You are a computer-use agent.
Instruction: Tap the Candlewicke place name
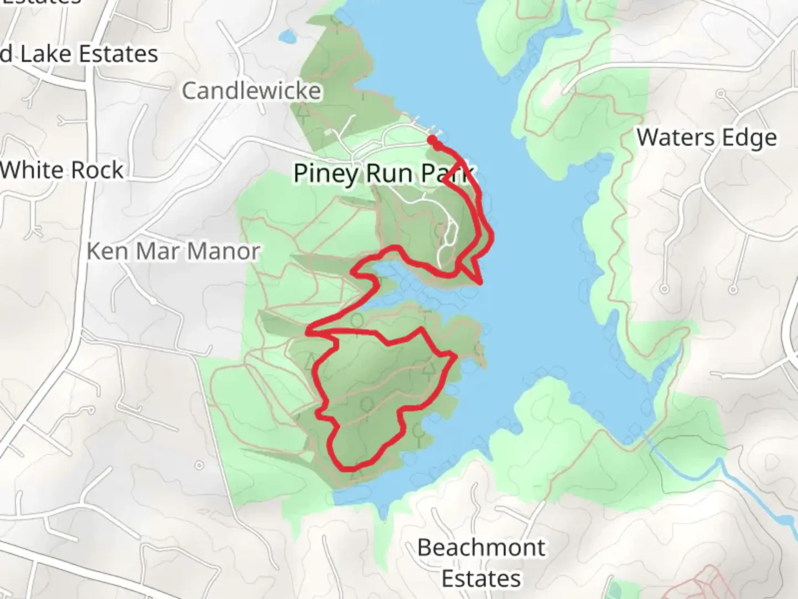[x=252, y=90]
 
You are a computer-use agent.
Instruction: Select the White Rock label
[x=62, y=170]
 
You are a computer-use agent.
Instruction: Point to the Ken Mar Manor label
[x=173, y=251]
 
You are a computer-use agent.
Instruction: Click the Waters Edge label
[x=707, y=138]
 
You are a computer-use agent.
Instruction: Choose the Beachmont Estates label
[x=481, y=562]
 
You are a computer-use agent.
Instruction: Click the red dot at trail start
[x=432, y=139]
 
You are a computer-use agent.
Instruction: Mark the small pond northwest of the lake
[x=287, y=37]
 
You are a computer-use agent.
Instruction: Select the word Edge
[x=750, y=138]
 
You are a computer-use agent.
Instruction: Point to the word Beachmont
[x=481, y=547]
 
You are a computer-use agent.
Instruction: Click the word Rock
[x=100, y=170]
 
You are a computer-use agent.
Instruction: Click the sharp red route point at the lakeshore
[x=481, y=283]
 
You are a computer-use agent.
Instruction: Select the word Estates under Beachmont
[x=481, y=578]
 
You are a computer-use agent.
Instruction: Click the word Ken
[x=105, y=251]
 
